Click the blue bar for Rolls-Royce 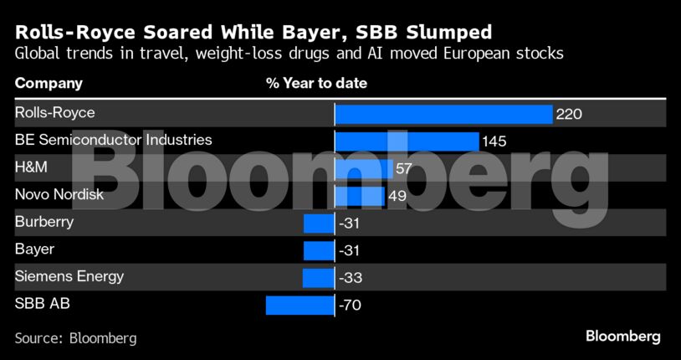pyautogui.click(x=443, y=114)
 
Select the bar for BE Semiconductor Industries pyautogui.click(x=407, y=141)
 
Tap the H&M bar pyautogui.click(x=364, y=168)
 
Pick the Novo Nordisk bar pyautogui.click(x=360, y=196)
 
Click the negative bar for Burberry pyautogui.click(x=319, y=224)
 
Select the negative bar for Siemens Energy pyautogui.click(x=318, y=278)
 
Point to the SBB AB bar pyautogui.click(x=300, y=306)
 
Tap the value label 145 pyautogui.click(x=494, y=141)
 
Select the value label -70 pyautogui.click(x=349, y=306)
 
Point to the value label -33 pyautogui.click(x=349, y=278)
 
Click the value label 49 pyautogui.click(x=397, y=196)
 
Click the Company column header pyautogui.click(x=49, y=84)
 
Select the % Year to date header pyautogui.click(x=316, y=84)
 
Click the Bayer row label pyautogui.click(x=35, y=249)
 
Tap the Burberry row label pyautogui.click(x=44, y=222)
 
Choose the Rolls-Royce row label pyautogui.click(x=55, y=112)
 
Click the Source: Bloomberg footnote pyautogui.click(x=75, y=338)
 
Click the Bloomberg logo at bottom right pyautogui.click(x=622, y=337)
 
